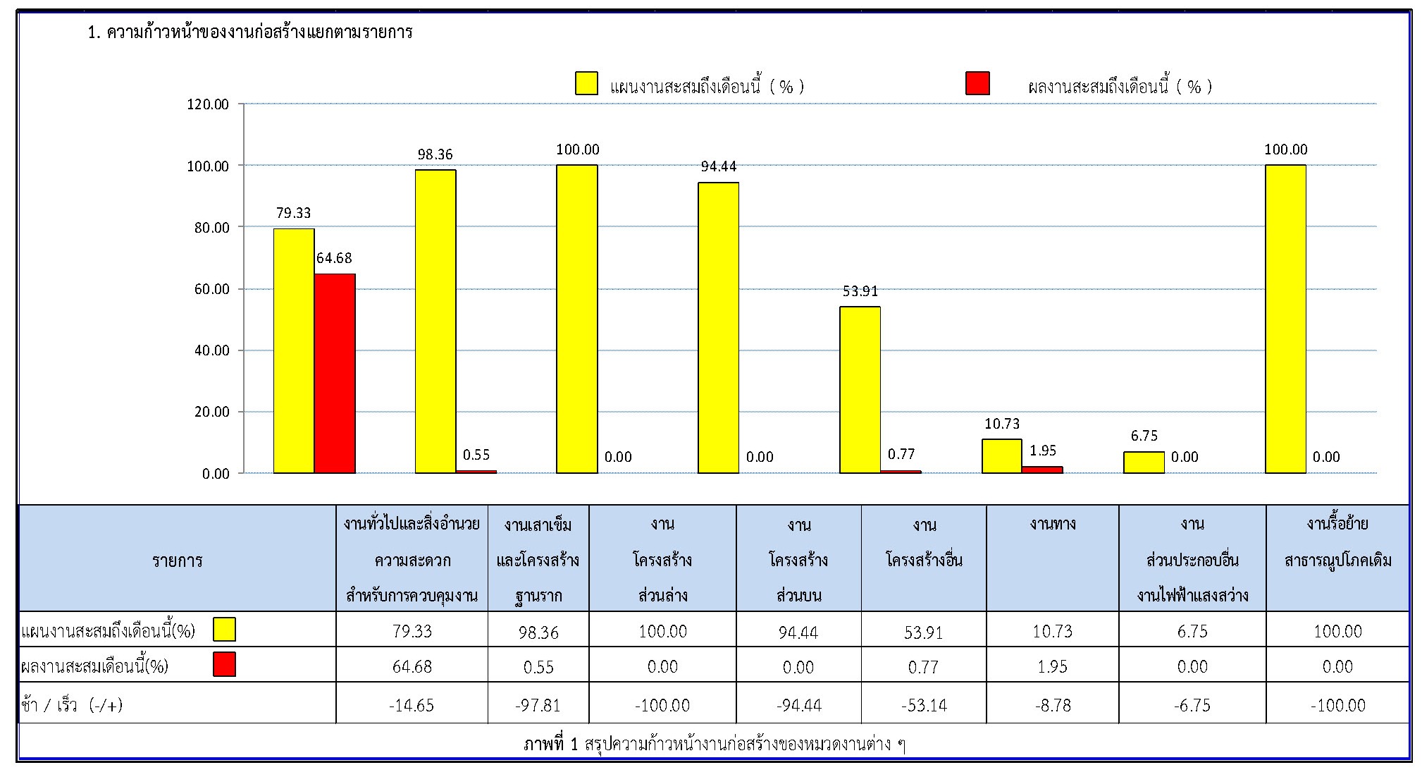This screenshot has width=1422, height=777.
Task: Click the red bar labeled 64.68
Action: coord(335,373)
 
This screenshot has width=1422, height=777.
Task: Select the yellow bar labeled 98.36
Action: coord(435,321)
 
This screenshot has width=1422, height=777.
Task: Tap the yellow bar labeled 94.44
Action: coord(719,327)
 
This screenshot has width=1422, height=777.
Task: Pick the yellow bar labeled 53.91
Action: coord(860,389)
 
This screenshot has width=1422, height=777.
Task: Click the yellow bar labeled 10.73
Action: coord(1002,455)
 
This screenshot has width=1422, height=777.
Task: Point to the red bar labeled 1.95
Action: coord(1042,470)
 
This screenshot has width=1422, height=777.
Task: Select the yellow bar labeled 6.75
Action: coord(1144,463)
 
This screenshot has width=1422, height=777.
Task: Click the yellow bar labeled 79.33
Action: coord(294,350)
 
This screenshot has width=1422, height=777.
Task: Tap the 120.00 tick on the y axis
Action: coord(208,104)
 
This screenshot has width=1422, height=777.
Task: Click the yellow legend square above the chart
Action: coord(586,83)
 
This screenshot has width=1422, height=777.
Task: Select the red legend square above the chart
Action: coord(977,83)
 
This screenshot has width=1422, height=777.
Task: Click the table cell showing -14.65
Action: coord(412,704)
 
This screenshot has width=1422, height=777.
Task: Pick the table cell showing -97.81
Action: coord(538,704)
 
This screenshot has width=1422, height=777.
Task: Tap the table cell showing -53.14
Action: coord(923,704)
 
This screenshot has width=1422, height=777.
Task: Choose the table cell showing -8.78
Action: coord(1053,704)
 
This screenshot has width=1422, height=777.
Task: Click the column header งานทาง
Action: coord(1053,524)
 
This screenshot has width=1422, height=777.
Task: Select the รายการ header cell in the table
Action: coord(177,560)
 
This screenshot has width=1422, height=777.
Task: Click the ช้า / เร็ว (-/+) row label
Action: coord(72,704)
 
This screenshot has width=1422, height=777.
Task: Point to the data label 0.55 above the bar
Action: coord(476,455)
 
